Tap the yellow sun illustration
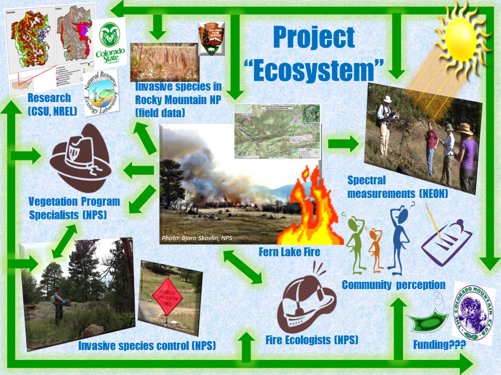click(x=458, y=38)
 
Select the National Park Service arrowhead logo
click(x=211, y=39)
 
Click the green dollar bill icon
click(x=431, y=322)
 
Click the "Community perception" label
click(x=393, y=285)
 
